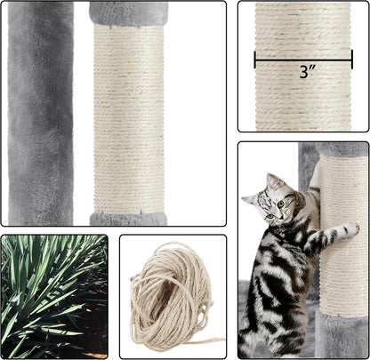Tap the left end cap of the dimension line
point(256,60)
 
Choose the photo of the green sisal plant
point(53,296)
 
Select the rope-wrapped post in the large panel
point(128,116)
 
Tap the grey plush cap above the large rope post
point(128,12)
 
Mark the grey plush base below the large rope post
point(128,219)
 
